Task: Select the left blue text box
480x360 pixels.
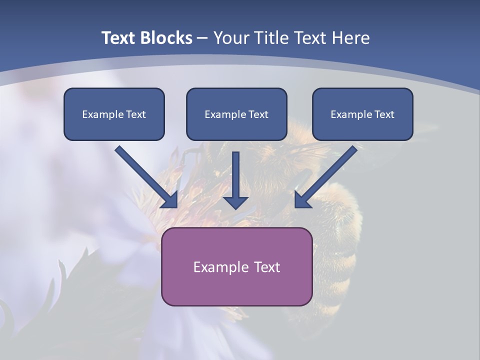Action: (114, 114)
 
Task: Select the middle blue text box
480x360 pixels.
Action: (236, 114)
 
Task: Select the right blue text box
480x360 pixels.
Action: (362, 114)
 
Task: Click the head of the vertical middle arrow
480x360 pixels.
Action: (235, 202)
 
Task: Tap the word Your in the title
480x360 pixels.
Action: (229, 38)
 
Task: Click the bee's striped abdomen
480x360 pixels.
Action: (340, 255)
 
